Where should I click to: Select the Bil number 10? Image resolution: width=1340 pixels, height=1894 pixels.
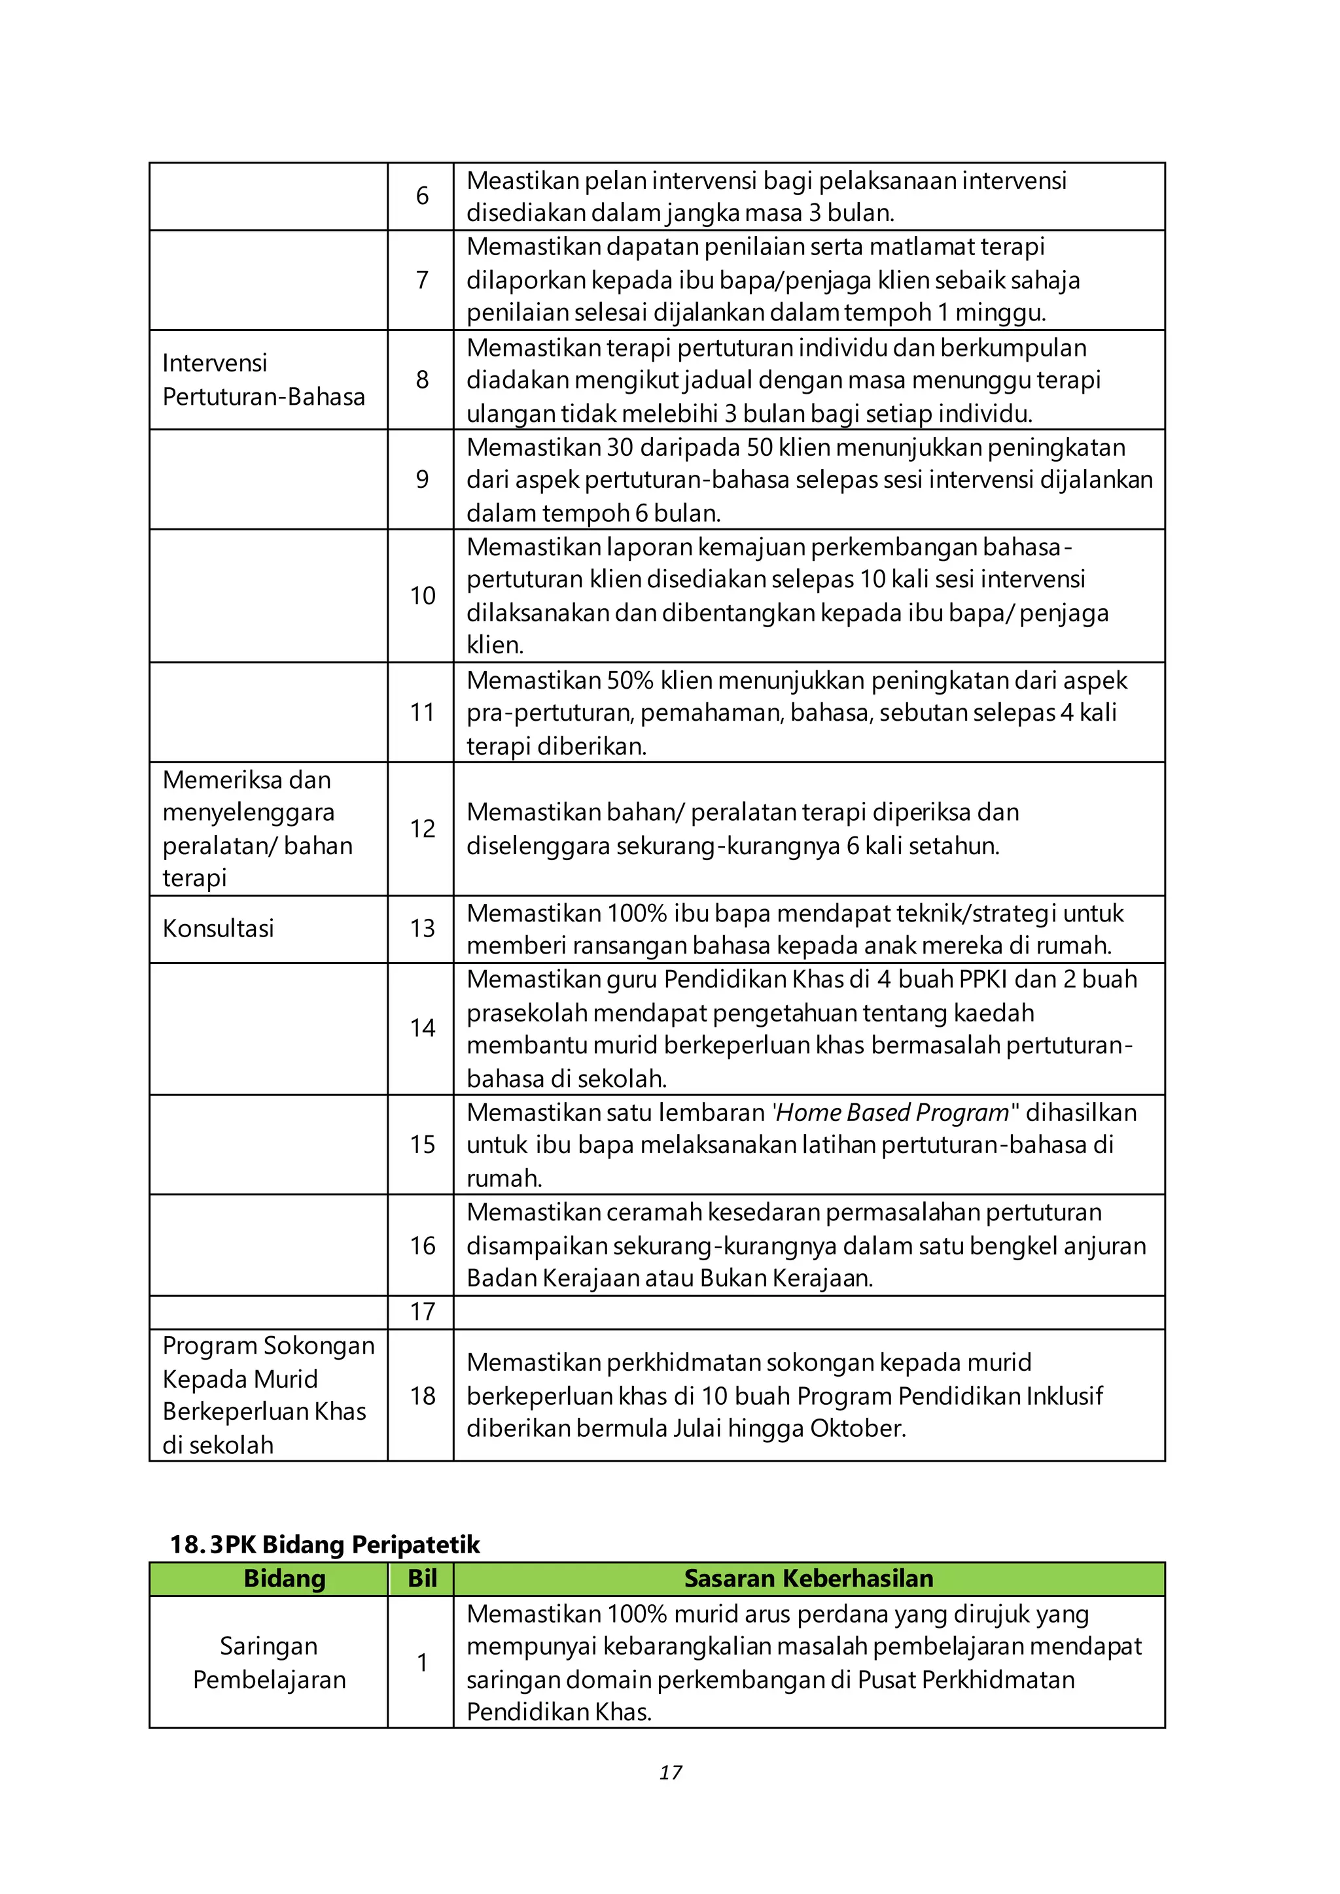[x=423, y=596]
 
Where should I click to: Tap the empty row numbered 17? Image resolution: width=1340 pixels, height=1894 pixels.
[x=423, y=1312]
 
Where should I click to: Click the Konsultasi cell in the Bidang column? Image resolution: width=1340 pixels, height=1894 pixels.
[x=218, y=929]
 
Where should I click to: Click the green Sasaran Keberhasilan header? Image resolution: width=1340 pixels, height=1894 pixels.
[x=808, y=1579]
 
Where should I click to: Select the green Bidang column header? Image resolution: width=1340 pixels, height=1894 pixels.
[x=284, y=1579]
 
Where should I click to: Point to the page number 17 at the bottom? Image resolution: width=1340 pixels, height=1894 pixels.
[x=670, y=1773]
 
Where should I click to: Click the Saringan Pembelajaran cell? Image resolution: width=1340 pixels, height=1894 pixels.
[x=269, y=1663]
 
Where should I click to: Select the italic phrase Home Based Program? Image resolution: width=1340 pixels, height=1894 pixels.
[x=892, y=1113]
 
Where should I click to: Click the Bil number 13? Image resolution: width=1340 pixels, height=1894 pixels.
[x=423, y=929]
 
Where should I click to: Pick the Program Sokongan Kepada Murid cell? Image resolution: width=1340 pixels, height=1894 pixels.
[x=268, y=1395]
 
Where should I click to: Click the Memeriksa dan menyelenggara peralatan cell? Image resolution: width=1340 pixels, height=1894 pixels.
[x=256, y=829]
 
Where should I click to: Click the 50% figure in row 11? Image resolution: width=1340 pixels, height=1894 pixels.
[x=629, y=681]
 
